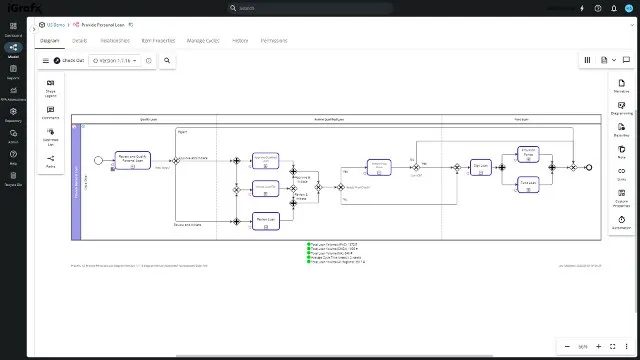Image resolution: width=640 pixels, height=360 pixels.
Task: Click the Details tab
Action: coord(79,41)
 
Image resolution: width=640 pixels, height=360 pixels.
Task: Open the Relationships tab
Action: coord(116,41)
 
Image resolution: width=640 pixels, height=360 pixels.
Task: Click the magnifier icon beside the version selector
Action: coord(167,60)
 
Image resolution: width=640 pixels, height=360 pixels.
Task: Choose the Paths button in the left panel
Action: coord(50,162)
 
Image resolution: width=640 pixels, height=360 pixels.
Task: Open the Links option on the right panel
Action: coord(621,171)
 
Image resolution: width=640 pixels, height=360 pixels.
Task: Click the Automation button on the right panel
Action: coord(621,223)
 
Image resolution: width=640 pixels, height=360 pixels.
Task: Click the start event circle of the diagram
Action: coord(99,159)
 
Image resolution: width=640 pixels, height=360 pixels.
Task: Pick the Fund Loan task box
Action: coord(529,183)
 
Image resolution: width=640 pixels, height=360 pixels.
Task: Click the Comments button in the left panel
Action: coord(50,113)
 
